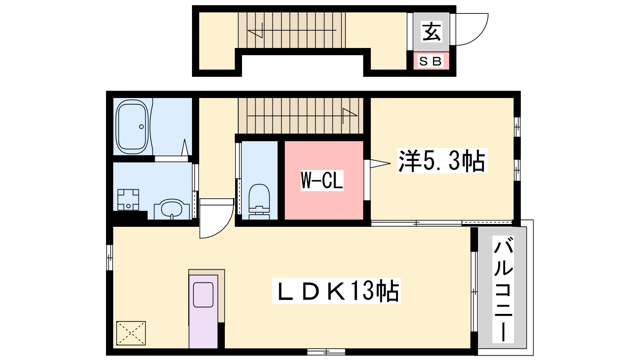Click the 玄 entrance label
tap(431, 32)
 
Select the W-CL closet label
tap(322, 180)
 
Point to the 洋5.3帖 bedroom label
tap(442, 161)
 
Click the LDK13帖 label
tap(336, 291)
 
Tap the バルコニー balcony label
tap(503, 290)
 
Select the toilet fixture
tap(259, 202)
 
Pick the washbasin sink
tap(172, 210)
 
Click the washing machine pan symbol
tap(128, 200)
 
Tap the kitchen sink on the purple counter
tap(204, 295)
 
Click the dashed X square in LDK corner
tap(131, 333)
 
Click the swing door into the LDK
tap(216, 218)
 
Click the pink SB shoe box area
tap(431, 61)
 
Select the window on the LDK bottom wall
tap(326, 352)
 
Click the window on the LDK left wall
tap(110, 258)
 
